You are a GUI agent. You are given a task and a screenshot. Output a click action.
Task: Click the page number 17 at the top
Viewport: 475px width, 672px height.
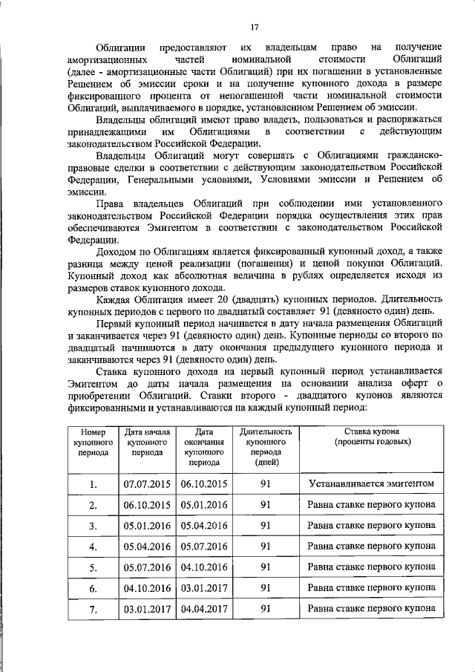[254, 27]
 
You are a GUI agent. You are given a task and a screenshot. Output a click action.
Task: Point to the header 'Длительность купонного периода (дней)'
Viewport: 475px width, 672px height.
[266, 446]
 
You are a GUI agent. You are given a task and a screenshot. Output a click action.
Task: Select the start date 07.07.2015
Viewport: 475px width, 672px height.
[147, 483]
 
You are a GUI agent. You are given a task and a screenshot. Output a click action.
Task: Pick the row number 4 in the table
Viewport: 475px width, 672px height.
[93, 547]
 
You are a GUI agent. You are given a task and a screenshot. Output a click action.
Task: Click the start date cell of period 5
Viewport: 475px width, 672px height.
[147, 567]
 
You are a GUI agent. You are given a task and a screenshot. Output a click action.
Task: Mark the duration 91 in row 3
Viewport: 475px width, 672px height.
[266, 526]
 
